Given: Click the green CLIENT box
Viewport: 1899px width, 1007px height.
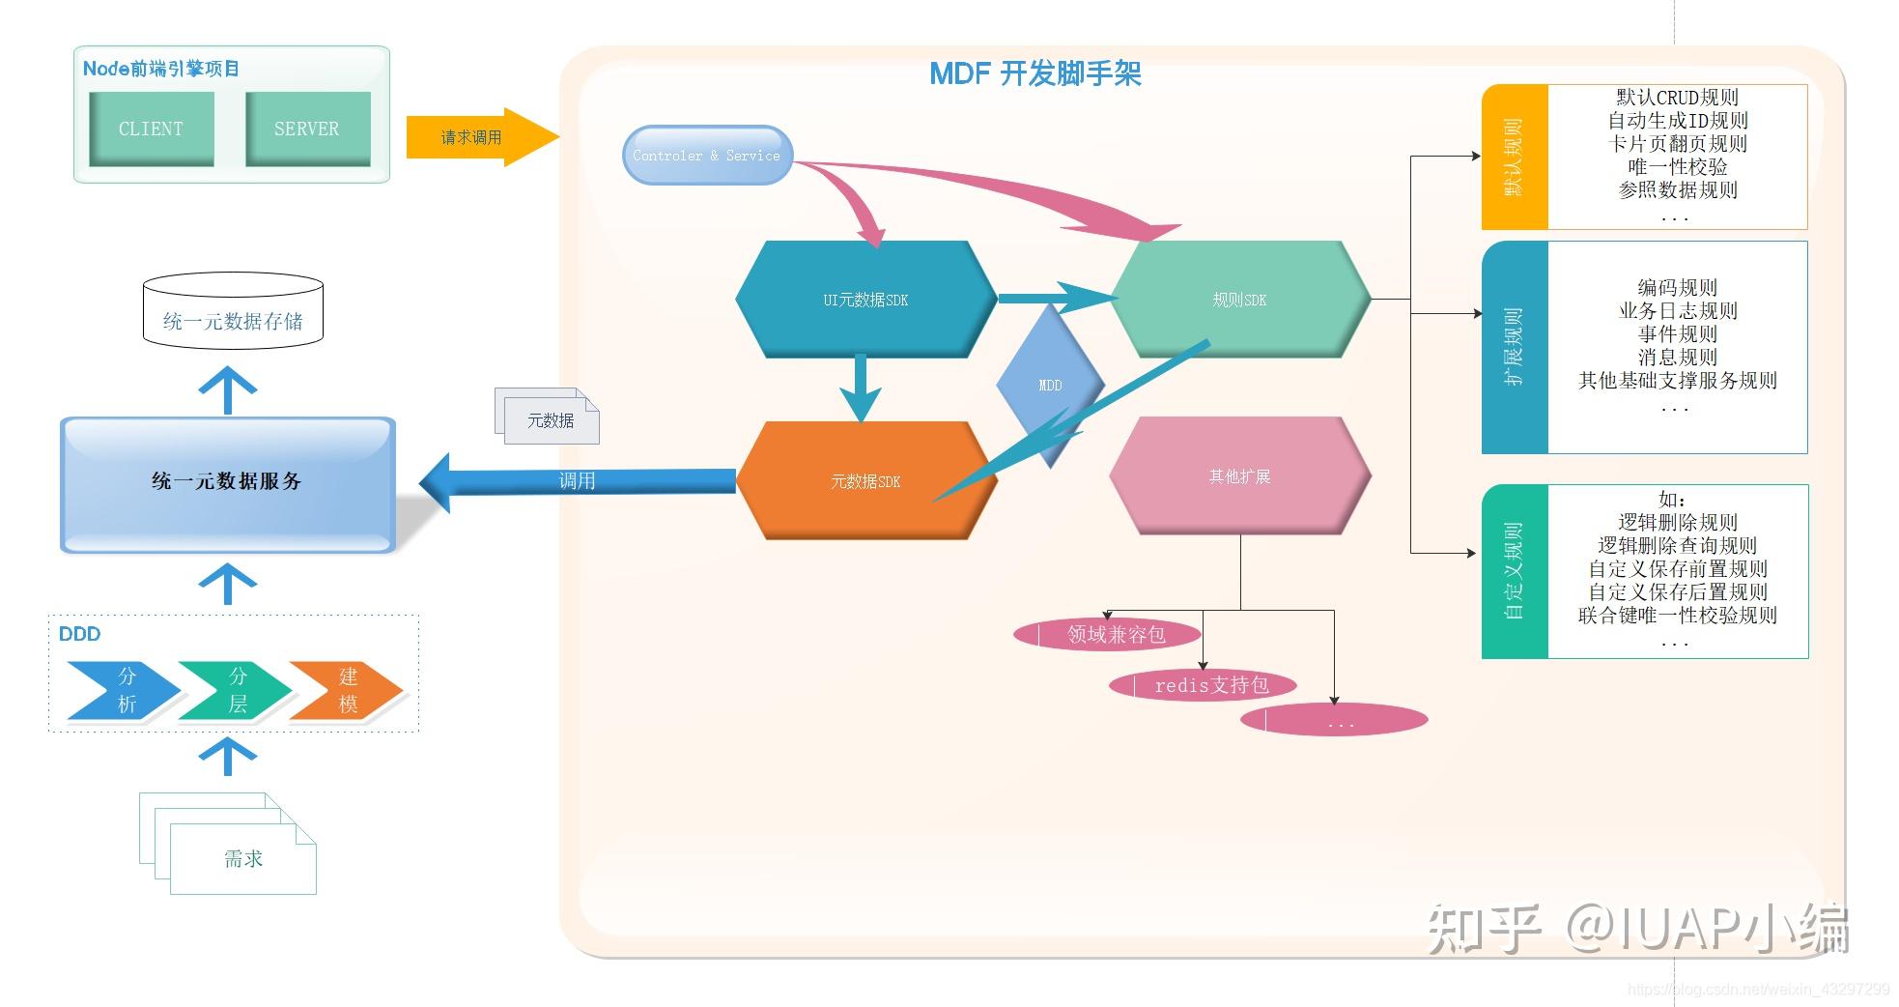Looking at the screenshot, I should (151, 129).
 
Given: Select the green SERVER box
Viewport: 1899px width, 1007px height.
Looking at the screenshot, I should (307, 129).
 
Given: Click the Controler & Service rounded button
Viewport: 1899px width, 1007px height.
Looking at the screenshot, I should (706, 156).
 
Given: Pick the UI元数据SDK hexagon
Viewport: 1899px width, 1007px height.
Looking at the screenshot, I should (864, 300).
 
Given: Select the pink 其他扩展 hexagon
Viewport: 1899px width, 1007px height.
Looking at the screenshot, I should (1239, 476).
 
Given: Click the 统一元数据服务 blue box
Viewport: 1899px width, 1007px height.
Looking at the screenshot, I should (227, 482).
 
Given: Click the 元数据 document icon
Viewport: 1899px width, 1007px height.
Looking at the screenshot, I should (550, 419).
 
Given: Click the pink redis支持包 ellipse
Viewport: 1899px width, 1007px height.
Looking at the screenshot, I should (1202, 685).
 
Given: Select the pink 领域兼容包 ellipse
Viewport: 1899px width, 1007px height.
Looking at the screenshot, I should (1107, 635).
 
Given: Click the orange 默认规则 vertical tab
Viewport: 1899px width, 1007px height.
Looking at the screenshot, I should (1515, 157).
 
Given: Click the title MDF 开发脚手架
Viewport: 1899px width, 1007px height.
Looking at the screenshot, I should (1035, 73).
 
